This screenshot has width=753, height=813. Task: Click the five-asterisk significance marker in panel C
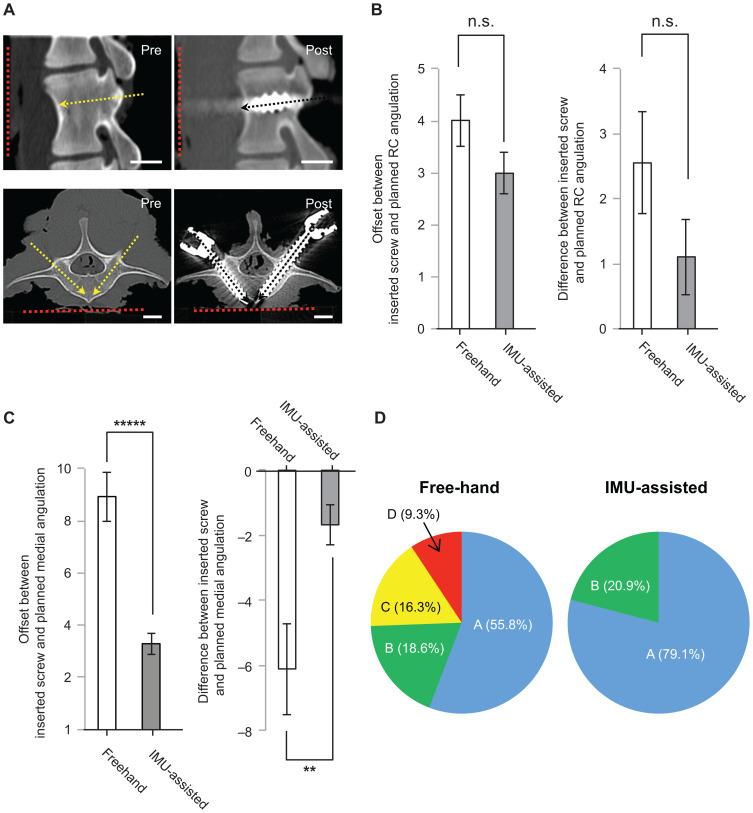pyautogui.click(x=130, y=423)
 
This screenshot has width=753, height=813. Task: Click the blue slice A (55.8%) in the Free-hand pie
pyautogui.click(x=500, y=640)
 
